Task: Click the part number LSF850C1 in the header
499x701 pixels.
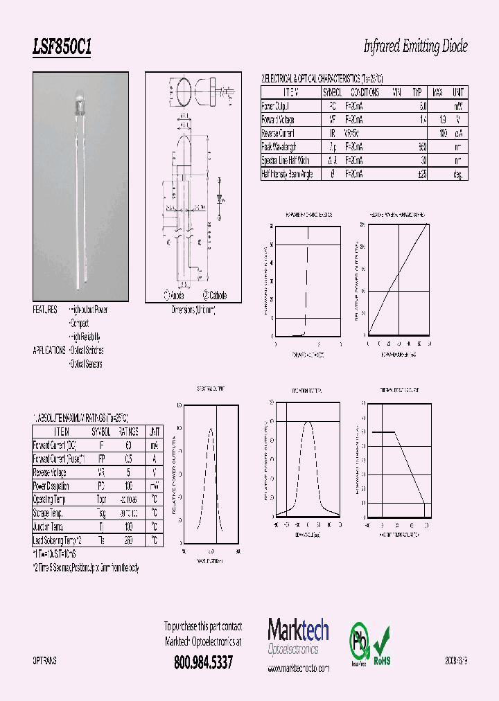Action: pos(62,48)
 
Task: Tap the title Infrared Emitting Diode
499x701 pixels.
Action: pos(415,47)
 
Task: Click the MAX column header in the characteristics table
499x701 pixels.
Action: pos(437,92)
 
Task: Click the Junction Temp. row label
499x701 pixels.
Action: pos(50,526)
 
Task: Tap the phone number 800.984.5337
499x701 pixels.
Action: pos(203,662)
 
